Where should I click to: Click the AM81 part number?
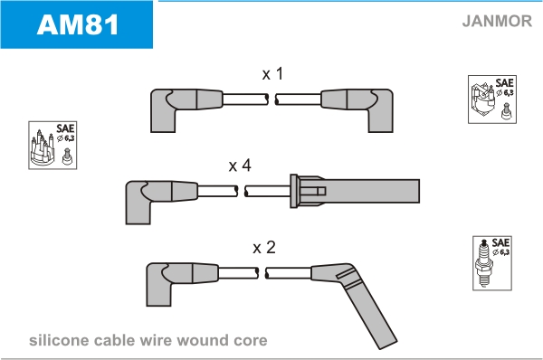tap(78, 25)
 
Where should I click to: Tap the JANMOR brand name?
tap(497, 21)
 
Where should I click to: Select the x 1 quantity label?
tap(273, 74)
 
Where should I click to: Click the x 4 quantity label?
tap(240, 166)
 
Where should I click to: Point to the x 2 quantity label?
tap(264, 248)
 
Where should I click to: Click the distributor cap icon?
tap(43, 147)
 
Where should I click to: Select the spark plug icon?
tap(484, 262)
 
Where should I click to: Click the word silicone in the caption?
tap(59, 341)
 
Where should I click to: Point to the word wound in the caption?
tap(202, 341)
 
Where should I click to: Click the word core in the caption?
tap(251, 341)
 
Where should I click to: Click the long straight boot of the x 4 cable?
tap(355, 191)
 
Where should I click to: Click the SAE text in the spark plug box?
tap(500, 242)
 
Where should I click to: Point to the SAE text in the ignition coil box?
tap(504, 83)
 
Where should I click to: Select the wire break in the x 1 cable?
tap(271, 99)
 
